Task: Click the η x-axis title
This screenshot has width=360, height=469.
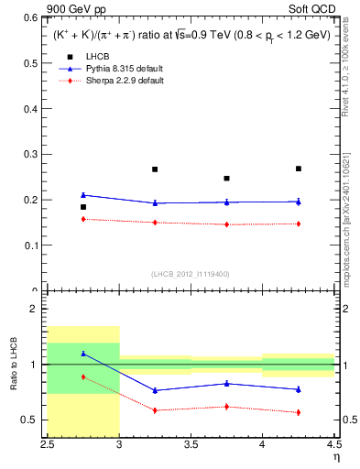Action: (335, 457)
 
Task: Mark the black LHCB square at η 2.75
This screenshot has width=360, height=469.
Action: (83, 207)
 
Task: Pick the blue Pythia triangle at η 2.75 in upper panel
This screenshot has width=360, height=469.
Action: (83, 194)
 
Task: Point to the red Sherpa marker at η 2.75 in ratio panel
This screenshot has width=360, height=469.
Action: (83, 376)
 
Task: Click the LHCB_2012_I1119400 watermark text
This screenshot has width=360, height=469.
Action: (191, 274)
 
